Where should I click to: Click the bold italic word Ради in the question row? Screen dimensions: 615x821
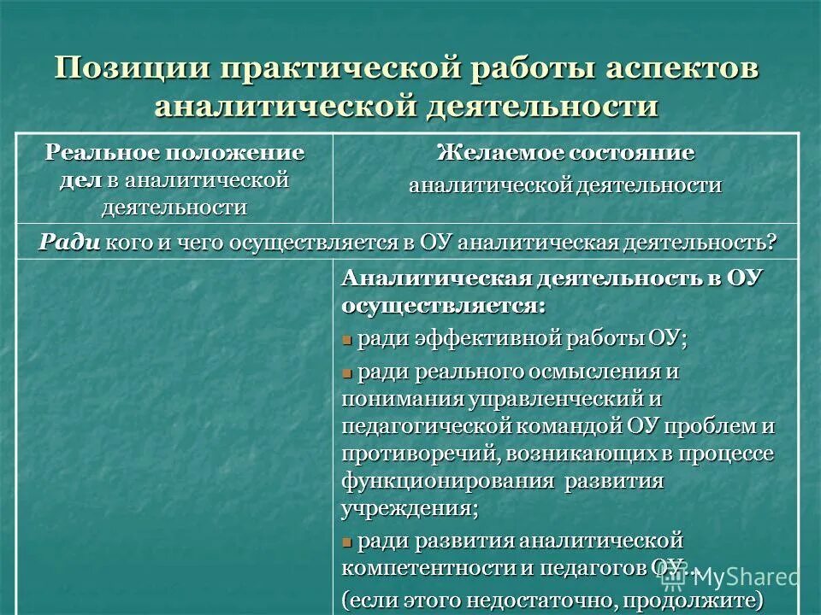pos(69,242)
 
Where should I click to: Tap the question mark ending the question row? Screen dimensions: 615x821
pos(772,242)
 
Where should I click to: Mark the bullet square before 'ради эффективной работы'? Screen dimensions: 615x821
pos(347,340)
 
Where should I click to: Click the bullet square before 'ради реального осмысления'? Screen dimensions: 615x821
pos(347,373)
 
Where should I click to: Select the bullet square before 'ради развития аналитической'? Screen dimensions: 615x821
pos(347,542)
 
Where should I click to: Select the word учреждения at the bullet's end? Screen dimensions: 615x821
pos(407,508)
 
